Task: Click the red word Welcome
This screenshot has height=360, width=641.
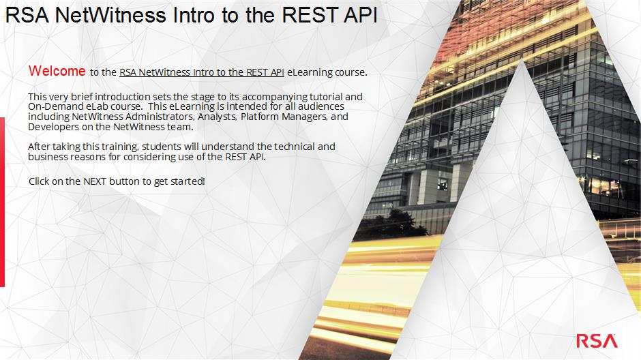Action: pyautogui.click(x=57, y=71)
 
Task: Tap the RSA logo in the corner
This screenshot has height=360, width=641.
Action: pyautogui.click(x=597, y=341)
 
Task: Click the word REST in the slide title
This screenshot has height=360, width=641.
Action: pyautogui.click(x=309, y=15)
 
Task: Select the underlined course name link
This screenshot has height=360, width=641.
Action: pyautogui.click(x=202, y=72)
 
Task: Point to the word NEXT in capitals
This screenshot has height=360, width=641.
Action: pyautogui.click(x=95, y=181)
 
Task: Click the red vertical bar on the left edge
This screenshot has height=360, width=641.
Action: pyautogui.click(x=2, y=202)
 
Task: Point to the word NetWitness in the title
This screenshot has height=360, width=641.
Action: pyautogui.click(x=110, y=15)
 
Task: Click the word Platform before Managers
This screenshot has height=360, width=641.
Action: pyautogui.click(x=260, y=117)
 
